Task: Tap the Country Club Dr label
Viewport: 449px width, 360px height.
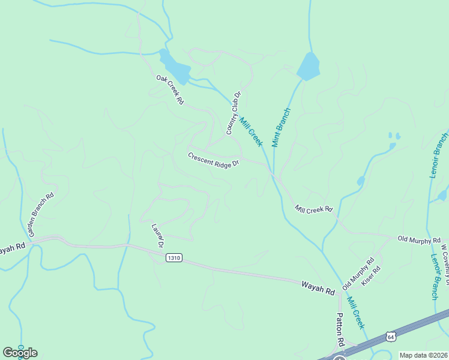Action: [233, 113]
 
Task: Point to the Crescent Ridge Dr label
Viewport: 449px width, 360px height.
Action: [214, 160]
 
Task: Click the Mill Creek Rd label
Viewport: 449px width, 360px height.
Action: [313, 209]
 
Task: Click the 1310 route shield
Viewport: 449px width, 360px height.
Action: [173, 258]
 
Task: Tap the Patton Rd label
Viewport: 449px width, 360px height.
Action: [340, 331]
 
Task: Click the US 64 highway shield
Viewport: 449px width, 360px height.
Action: [391, 337]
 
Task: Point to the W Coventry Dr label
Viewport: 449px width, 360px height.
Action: [445, 258]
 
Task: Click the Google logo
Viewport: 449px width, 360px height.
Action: [20, 353]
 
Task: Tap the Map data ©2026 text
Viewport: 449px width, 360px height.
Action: [423, 355]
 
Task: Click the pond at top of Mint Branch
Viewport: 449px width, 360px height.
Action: [308, 67]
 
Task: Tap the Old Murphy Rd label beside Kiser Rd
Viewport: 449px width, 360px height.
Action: [358, 274]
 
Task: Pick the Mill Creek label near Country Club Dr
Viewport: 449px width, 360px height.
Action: [251, 130]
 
